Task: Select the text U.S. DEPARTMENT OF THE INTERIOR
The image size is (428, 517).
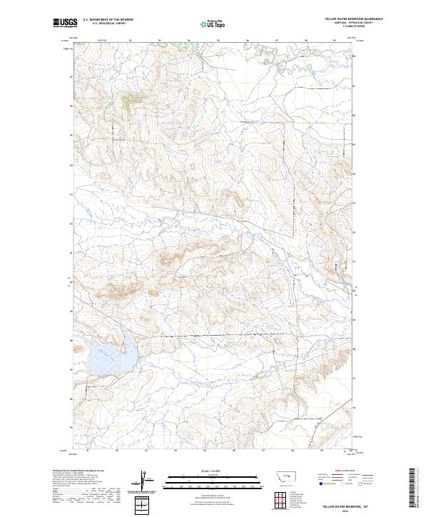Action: tap(108, 20)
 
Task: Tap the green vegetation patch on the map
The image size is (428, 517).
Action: tap(130, 101)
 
